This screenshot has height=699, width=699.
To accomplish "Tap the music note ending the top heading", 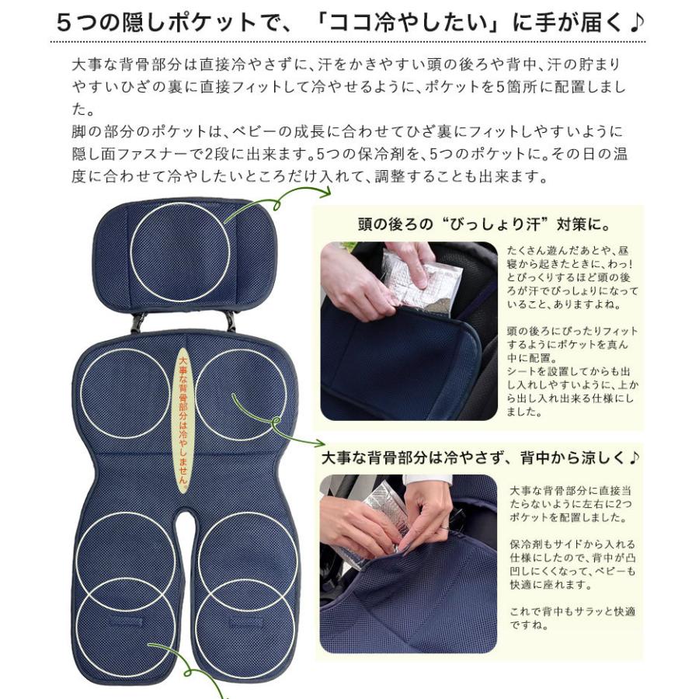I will click(635, 22).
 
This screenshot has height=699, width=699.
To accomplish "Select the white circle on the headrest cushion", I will click(179, 252).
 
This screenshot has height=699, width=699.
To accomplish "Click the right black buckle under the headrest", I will click(231, 321).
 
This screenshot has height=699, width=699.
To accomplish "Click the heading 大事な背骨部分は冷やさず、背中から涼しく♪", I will click(481, 457).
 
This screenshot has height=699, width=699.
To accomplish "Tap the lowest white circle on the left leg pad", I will click(127, 621).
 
